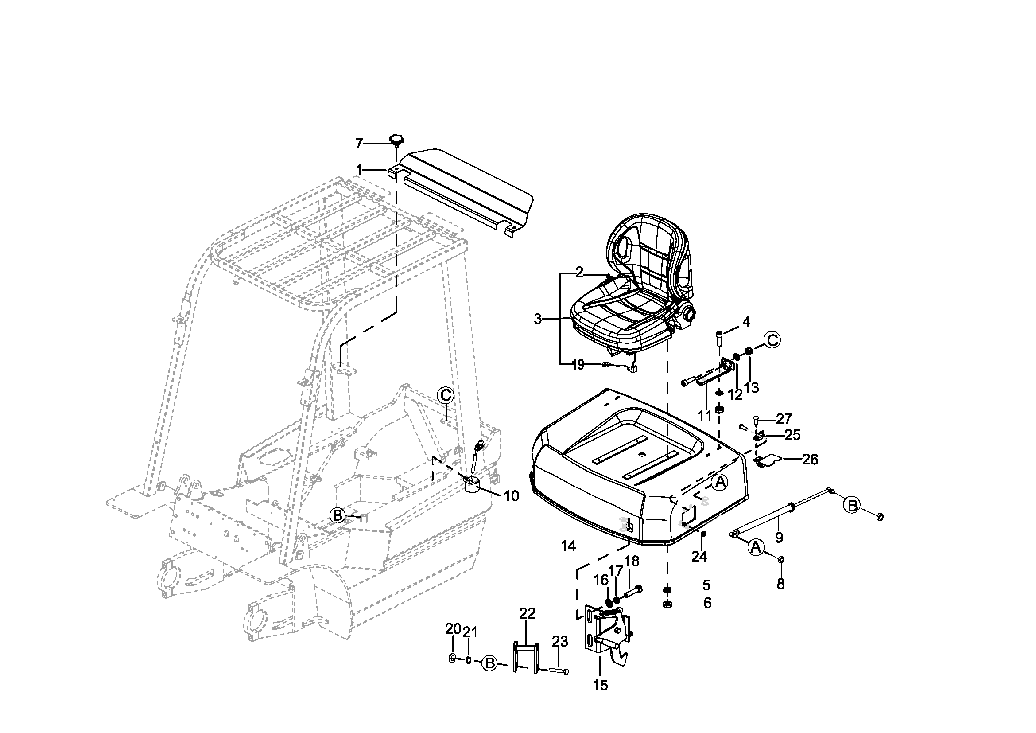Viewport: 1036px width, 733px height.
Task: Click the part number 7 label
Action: (x=359, y=144)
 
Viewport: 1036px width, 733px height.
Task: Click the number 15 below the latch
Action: (x=601, y=685)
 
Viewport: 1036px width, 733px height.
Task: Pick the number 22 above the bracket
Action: (x=527, y=613)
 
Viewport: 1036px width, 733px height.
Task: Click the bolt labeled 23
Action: (x=559, y=671)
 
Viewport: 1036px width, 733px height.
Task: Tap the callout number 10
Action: (x=511, y=496)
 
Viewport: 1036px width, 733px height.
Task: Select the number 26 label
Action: (x=810, y=460)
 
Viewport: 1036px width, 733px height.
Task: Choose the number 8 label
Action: (x=780, y=584)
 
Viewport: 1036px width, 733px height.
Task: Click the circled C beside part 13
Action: (x=772, y=340)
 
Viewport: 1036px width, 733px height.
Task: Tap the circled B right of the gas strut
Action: (x=852, y=506)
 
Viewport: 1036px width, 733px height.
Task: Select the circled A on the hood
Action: (x=720, y=483)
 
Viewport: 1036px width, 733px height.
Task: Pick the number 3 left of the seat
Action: (x=537, y=319)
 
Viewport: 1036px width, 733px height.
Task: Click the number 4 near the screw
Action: (x=746, y=322)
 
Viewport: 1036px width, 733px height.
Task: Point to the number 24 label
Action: (x=699, y=557)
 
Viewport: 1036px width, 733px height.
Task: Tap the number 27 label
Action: (x=784, y=419)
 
